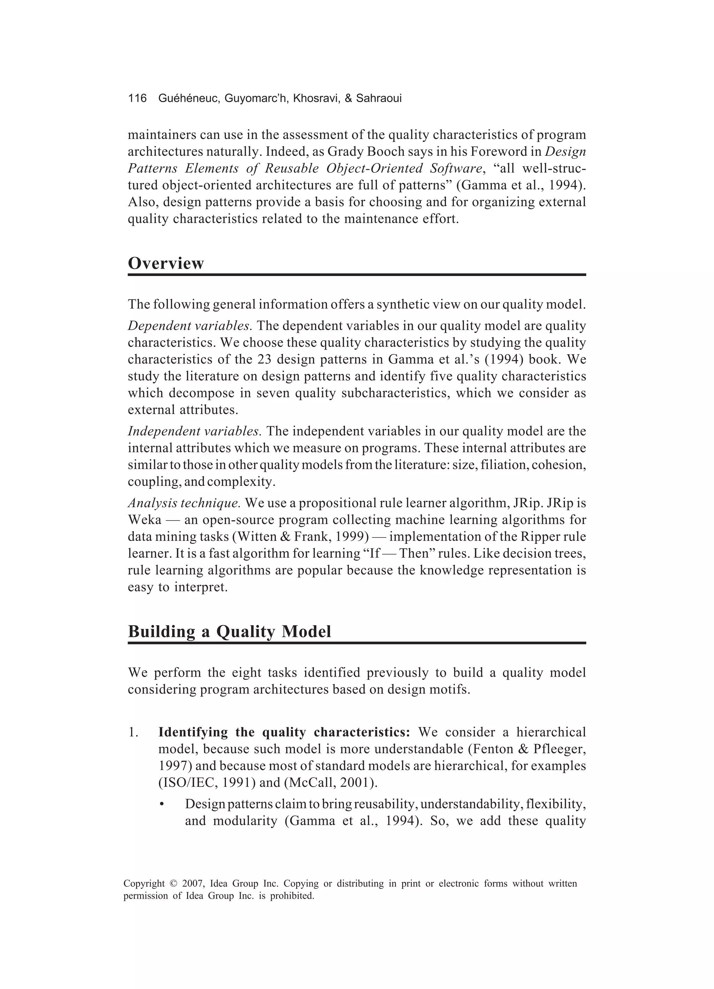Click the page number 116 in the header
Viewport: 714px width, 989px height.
click(137, 99)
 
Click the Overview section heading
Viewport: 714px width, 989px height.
click(166, 264)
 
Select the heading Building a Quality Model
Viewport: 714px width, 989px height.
click(229, 631)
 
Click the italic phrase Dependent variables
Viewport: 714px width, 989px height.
click(190, 326)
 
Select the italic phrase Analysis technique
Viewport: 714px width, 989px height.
click(184, 503)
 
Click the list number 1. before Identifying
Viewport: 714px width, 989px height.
click(133, 732)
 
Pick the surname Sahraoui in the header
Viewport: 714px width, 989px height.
click(379, 99)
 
